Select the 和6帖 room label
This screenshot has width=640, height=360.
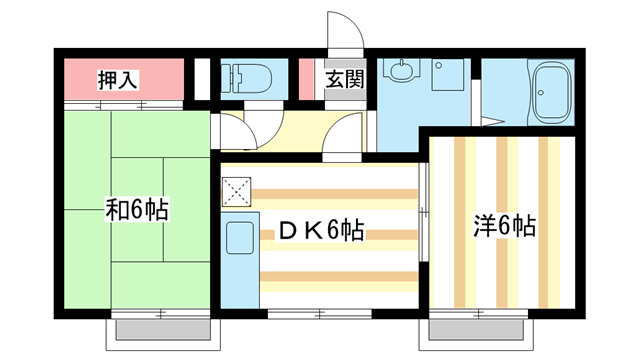click(137, 211)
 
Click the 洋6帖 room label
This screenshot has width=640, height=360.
click(504, 226)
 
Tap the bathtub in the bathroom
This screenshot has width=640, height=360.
click(549, 92)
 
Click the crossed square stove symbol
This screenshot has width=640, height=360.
click(236, 190)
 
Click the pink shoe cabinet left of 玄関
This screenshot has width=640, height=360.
click(307, 81)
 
